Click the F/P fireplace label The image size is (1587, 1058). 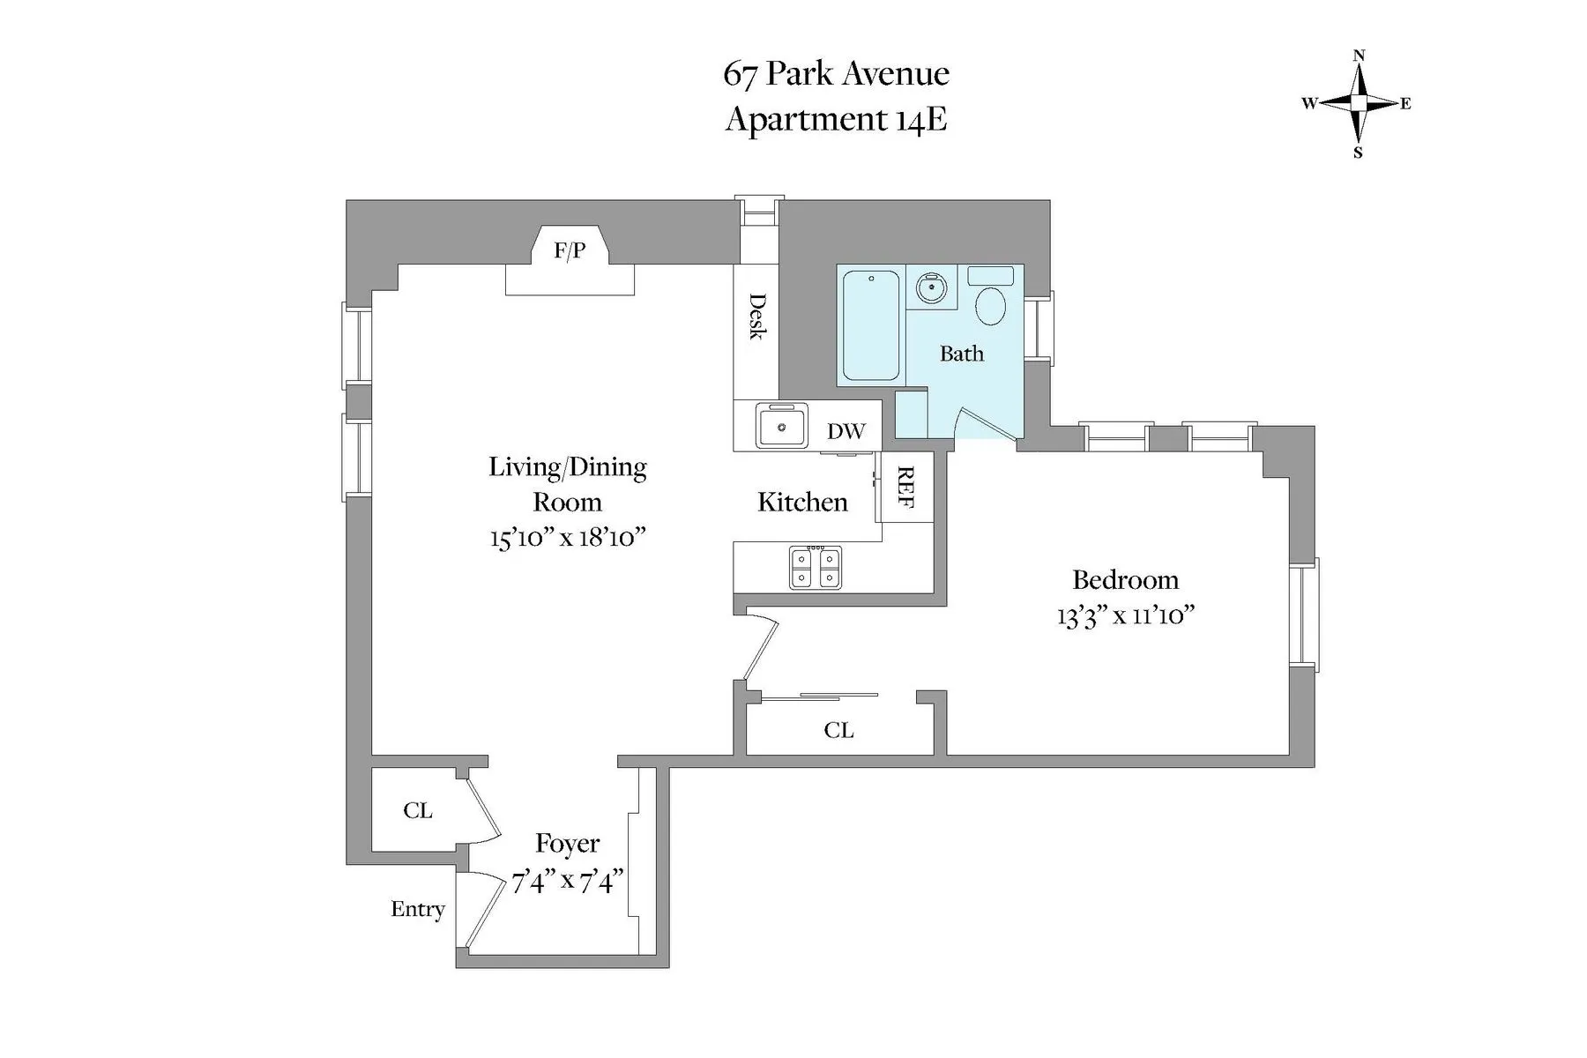pos(570,250)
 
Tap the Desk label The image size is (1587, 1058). pos(756,316)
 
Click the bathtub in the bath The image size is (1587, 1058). pos(870,325)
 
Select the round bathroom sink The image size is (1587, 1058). pos(930,287)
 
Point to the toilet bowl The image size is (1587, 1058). pos(991,307)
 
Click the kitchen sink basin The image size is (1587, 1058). pos(781,428)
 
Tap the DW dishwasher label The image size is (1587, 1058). pos(846,431)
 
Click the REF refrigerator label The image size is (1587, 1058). pos(905,487)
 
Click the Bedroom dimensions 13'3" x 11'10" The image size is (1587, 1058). pos(1125,615)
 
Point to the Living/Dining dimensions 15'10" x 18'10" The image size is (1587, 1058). pos(568,537)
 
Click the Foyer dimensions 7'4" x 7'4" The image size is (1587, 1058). pos(568,881)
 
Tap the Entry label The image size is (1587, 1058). pos(417,909)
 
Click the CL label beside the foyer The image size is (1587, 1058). pos(417,810)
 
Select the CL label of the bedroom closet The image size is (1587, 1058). pos(838,730)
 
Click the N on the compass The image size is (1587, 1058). pos(1359,56)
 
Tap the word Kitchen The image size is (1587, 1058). pos(802,502)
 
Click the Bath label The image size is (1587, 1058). pos(961,354)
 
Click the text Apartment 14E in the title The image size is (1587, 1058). pos(836,118)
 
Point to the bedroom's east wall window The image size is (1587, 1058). pos(1304,615)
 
